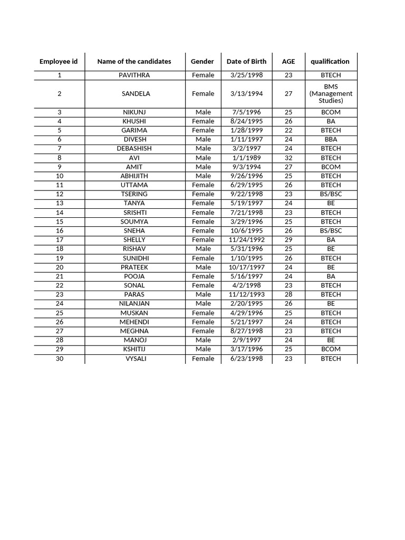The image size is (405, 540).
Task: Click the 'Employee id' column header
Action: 59,62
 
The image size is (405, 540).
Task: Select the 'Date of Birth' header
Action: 246,62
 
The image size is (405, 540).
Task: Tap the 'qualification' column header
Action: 330,62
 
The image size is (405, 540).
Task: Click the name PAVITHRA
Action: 134,75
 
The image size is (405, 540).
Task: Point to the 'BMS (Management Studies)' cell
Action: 331,94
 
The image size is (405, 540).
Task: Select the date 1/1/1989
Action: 246,158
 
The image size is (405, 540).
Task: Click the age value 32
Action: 288,158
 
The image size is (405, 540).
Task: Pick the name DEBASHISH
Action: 134,149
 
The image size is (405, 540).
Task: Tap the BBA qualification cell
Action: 331,140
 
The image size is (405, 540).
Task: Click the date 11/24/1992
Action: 246,240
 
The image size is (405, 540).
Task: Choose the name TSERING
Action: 134,194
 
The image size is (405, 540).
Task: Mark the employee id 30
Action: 60,359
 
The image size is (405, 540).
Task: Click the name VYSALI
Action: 134,359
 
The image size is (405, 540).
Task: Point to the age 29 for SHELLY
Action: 288,240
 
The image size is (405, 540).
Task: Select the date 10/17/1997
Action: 246,267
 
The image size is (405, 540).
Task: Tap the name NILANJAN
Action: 134,304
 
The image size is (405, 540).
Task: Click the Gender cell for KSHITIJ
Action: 203,349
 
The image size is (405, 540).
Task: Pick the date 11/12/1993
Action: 246,295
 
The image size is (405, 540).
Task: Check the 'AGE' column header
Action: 288,62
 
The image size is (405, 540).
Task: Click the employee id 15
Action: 60,221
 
